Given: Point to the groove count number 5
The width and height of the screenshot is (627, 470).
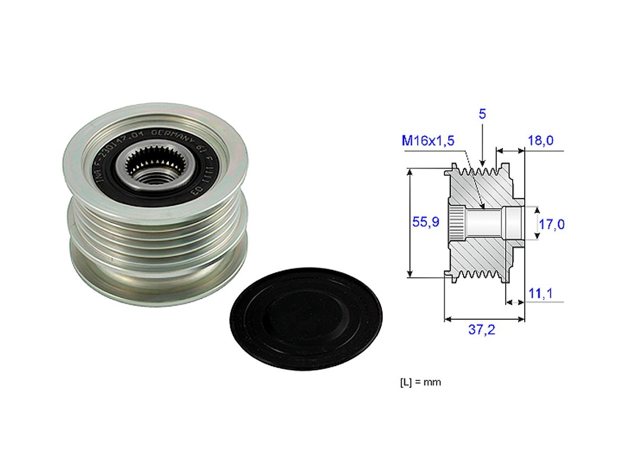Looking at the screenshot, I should click(x=482, y=114).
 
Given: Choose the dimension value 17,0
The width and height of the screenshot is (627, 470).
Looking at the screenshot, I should click(x=552, y=224).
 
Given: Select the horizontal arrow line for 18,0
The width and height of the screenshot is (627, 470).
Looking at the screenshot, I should click(x=509, y=151).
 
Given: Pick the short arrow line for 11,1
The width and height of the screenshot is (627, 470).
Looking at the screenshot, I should click(x=515, y=302).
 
